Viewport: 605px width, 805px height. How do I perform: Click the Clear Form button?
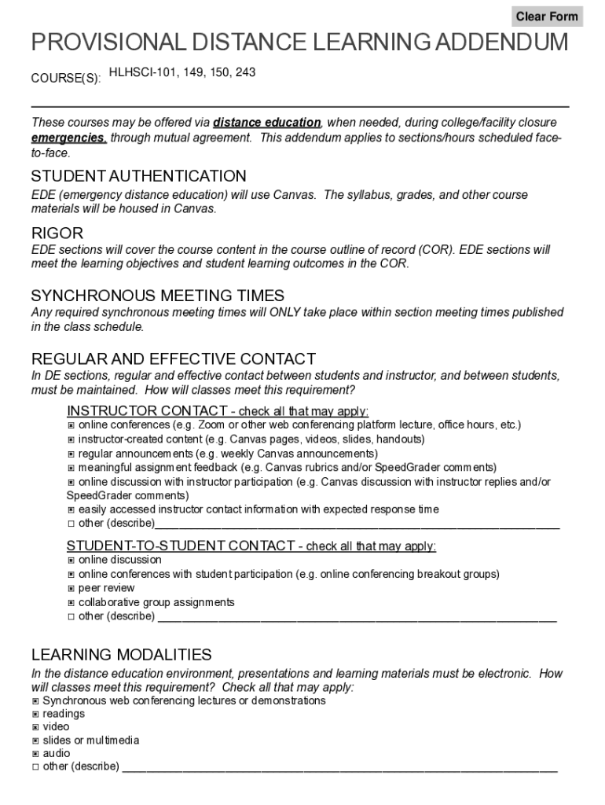click(547, 17)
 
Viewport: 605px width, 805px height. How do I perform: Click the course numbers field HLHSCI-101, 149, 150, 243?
click(181, 73)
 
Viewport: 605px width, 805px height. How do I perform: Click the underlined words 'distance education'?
click(266, 123)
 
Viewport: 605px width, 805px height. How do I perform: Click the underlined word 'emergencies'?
click(68, 138)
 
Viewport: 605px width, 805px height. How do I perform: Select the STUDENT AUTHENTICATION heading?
click(138, 176)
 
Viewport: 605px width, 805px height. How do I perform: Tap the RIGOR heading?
click(57, 233)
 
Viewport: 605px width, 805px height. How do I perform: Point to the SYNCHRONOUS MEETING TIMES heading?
click(157, 296)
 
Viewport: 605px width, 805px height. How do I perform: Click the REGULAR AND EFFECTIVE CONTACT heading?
click(173, 359)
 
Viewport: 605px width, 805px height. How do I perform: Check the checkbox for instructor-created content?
click(71, 439)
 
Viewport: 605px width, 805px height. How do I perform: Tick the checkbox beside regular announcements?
click(71, 454)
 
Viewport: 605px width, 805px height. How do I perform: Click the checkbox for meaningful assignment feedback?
click(71, 468)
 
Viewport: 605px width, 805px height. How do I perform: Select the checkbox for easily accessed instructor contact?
click(71, 509)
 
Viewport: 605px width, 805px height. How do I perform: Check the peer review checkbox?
click(71, 588)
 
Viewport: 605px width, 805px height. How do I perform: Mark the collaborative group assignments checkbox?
click(71, 602)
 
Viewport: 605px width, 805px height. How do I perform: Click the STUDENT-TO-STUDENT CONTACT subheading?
click(251, 546)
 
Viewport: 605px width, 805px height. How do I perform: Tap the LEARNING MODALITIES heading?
click(121, 655)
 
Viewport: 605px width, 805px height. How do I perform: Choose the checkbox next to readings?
click(35, 714)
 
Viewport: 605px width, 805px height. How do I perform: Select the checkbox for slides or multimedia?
click(35, 741)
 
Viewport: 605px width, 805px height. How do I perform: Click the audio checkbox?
click(35, 753)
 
